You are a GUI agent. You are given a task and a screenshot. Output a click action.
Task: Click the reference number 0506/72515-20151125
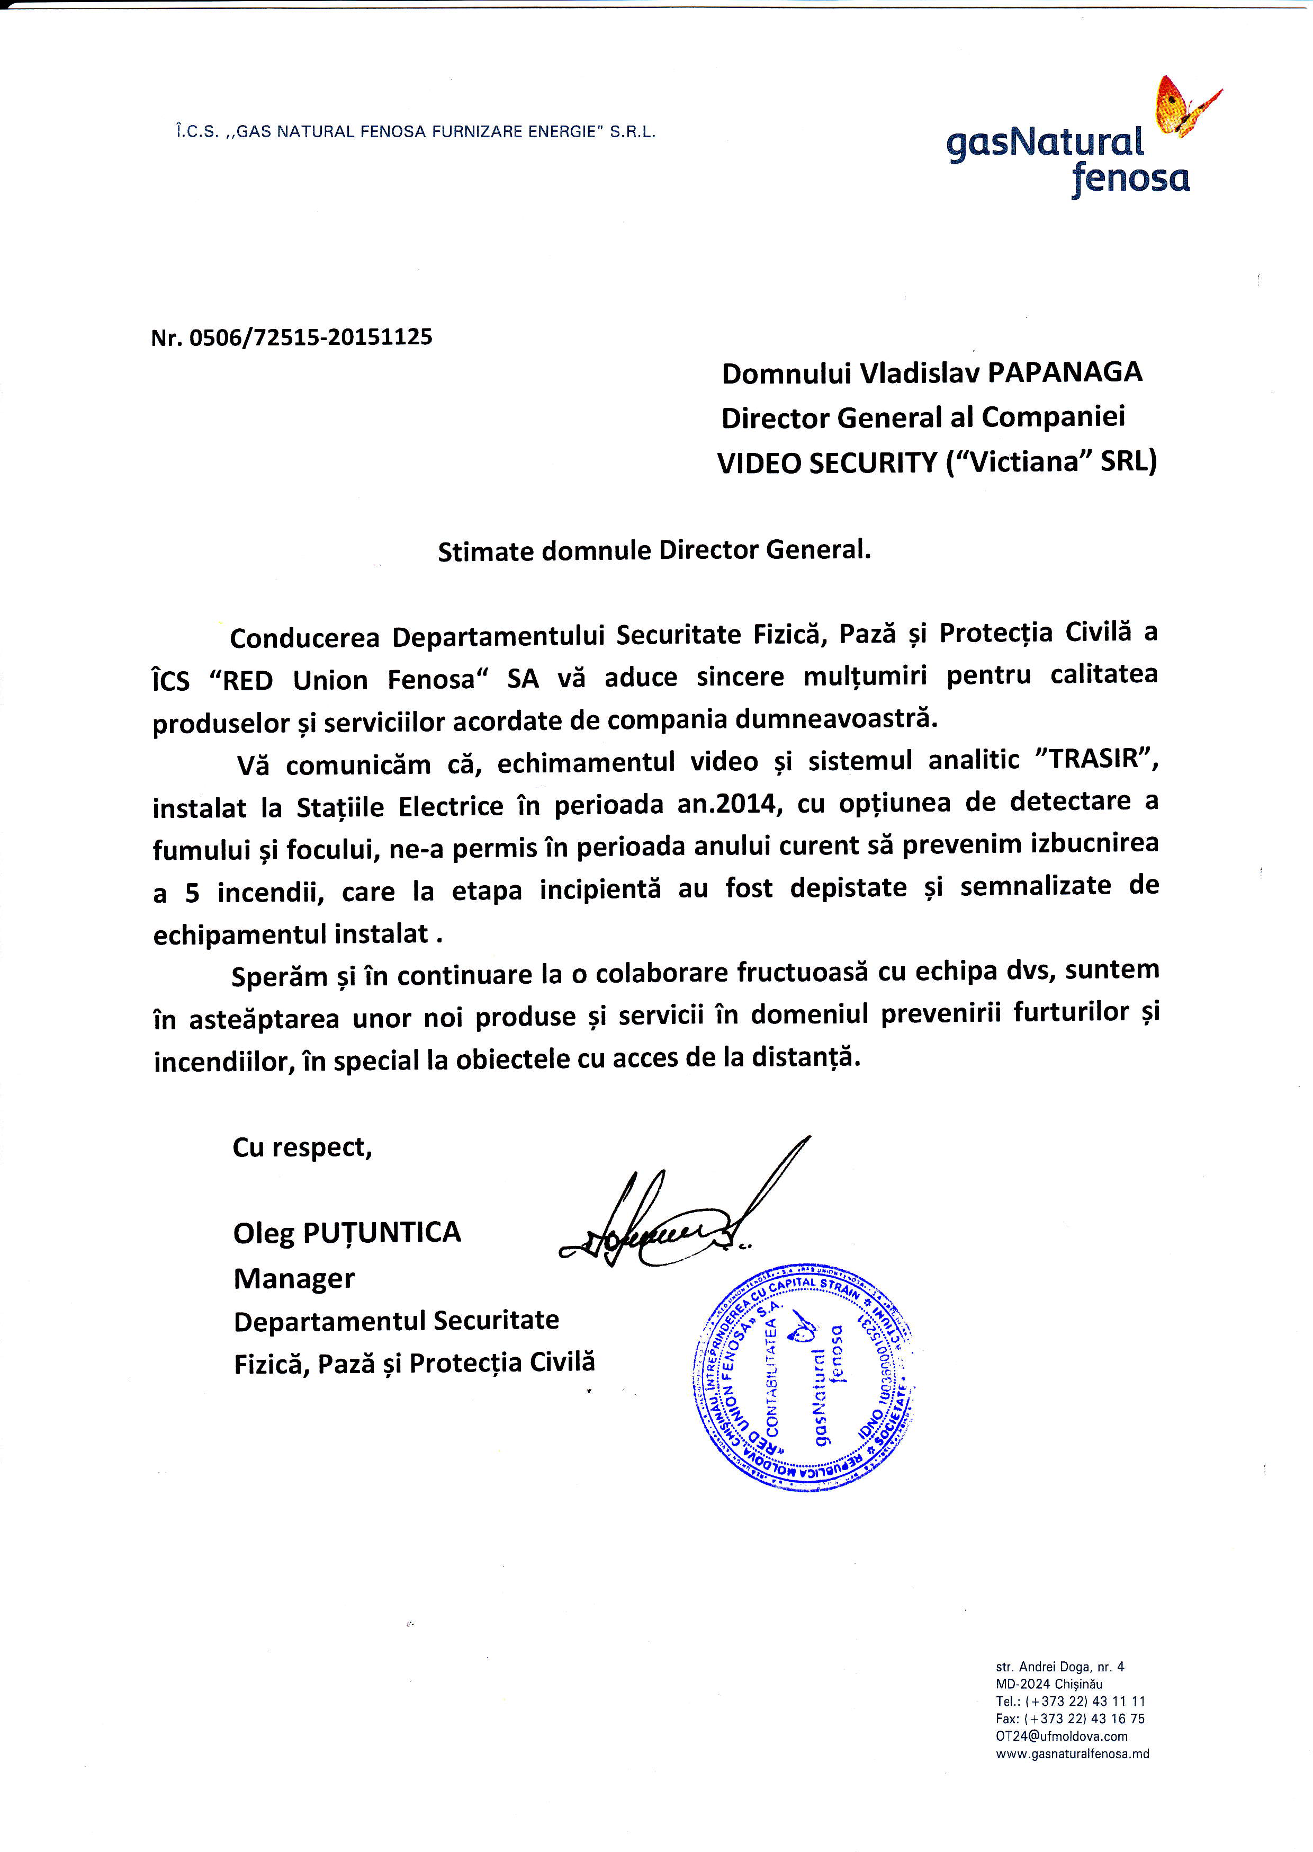pos(310,337)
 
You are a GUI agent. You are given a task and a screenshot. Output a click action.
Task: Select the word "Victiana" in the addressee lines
pos(1023,462)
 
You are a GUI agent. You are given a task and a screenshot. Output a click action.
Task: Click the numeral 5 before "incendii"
pos(192,893)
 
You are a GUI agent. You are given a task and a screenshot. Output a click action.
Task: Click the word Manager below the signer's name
pos(293,1279)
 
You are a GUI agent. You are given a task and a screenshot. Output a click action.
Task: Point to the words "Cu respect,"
pos(302,1147)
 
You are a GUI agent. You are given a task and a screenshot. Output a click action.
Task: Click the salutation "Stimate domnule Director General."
pos(654,551)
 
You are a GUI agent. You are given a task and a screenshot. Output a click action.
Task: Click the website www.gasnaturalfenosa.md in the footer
pos(1072,1753)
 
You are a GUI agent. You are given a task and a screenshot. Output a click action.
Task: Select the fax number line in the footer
pos(1069,1719)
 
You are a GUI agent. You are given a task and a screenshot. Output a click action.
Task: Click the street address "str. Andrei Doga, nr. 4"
pos(1059,1666)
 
